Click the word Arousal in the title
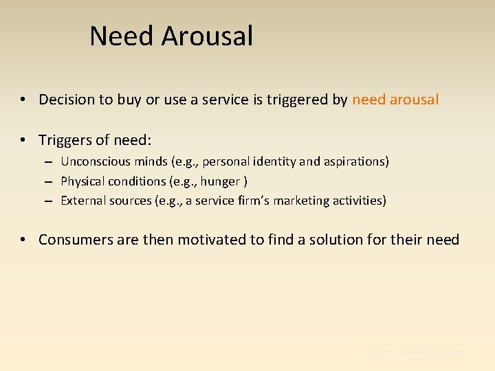pos(208,36)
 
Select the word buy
pos(129,100)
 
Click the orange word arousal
pos(414,100)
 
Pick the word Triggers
pos(66,140)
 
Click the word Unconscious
pos(94,162)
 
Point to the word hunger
pos(221,181)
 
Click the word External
pos(82,201)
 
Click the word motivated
pos(206,240)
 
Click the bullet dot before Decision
pos(23,100)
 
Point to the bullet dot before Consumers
pos(23,240)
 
